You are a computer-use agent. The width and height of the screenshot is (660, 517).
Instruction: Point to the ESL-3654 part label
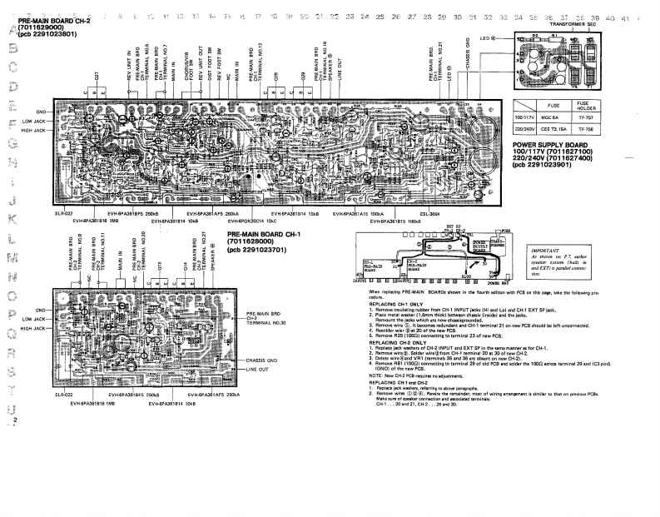(x=429, y=214)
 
